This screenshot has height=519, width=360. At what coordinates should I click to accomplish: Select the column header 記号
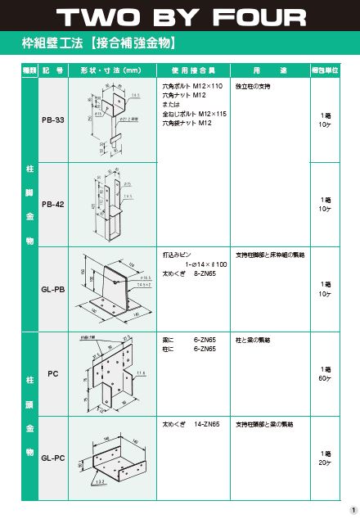click(52, 70)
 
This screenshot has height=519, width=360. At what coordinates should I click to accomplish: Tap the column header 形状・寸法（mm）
click(110, 70)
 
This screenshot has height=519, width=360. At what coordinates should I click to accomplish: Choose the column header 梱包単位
click(325, 70)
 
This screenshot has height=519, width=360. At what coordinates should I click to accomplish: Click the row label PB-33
click(52, 120)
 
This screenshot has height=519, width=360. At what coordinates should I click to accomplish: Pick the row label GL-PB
click(52, 289)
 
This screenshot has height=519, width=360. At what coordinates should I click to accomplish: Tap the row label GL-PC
click(52, 458)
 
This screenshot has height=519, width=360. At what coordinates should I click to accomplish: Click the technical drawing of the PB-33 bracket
click(115, 120)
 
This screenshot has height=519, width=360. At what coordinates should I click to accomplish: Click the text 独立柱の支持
click(252, 86)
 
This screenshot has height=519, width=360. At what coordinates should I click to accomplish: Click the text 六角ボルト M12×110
click(187, 86)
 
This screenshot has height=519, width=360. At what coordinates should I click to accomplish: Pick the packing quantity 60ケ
click(325, 378)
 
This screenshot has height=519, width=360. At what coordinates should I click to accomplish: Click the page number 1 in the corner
click(352, 510)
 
